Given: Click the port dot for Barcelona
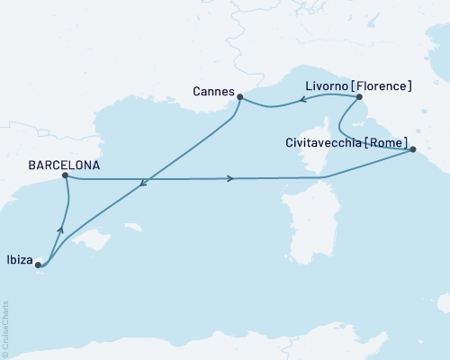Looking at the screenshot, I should (66, 176).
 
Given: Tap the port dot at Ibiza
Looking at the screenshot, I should (38, 265).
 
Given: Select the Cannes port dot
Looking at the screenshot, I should (240, 95).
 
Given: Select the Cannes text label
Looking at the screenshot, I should (213, 92).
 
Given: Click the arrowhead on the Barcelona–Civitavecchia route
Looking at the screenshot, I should (233, 178).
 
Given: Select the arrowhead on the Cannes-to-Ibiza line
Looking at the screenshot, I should (142, 186).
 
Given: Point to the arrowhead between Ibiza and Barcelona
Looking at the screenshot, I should (60, 231).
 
